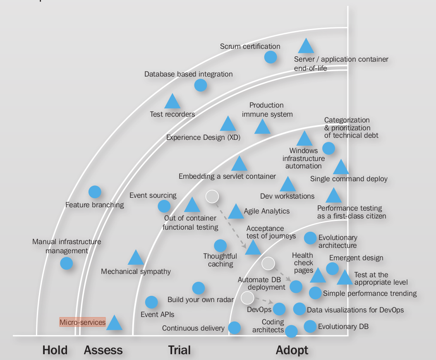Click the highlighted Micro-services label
pos(82,322)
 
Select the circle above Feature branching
pos(95,192)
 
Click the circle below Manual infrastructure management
pos(66,263)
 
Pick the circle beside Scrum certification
pos(271,57)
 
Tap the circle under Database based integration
pos(201,85)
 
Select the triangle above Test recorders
pos(172,102)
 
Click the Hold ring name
pos(55,350)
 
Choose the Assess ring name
pos(103,350)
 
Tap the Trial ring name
pos(179,350)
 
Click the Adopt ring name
pos(292,350)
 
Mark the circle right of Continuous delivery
pos(235,328)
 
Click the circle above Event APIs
pos(151,302)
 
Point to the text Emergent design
pos(356,258)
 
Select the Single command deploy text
pos(349,179)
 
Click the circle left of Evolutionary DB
pos(310,326)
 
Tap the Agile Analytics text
pos(267,211)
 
